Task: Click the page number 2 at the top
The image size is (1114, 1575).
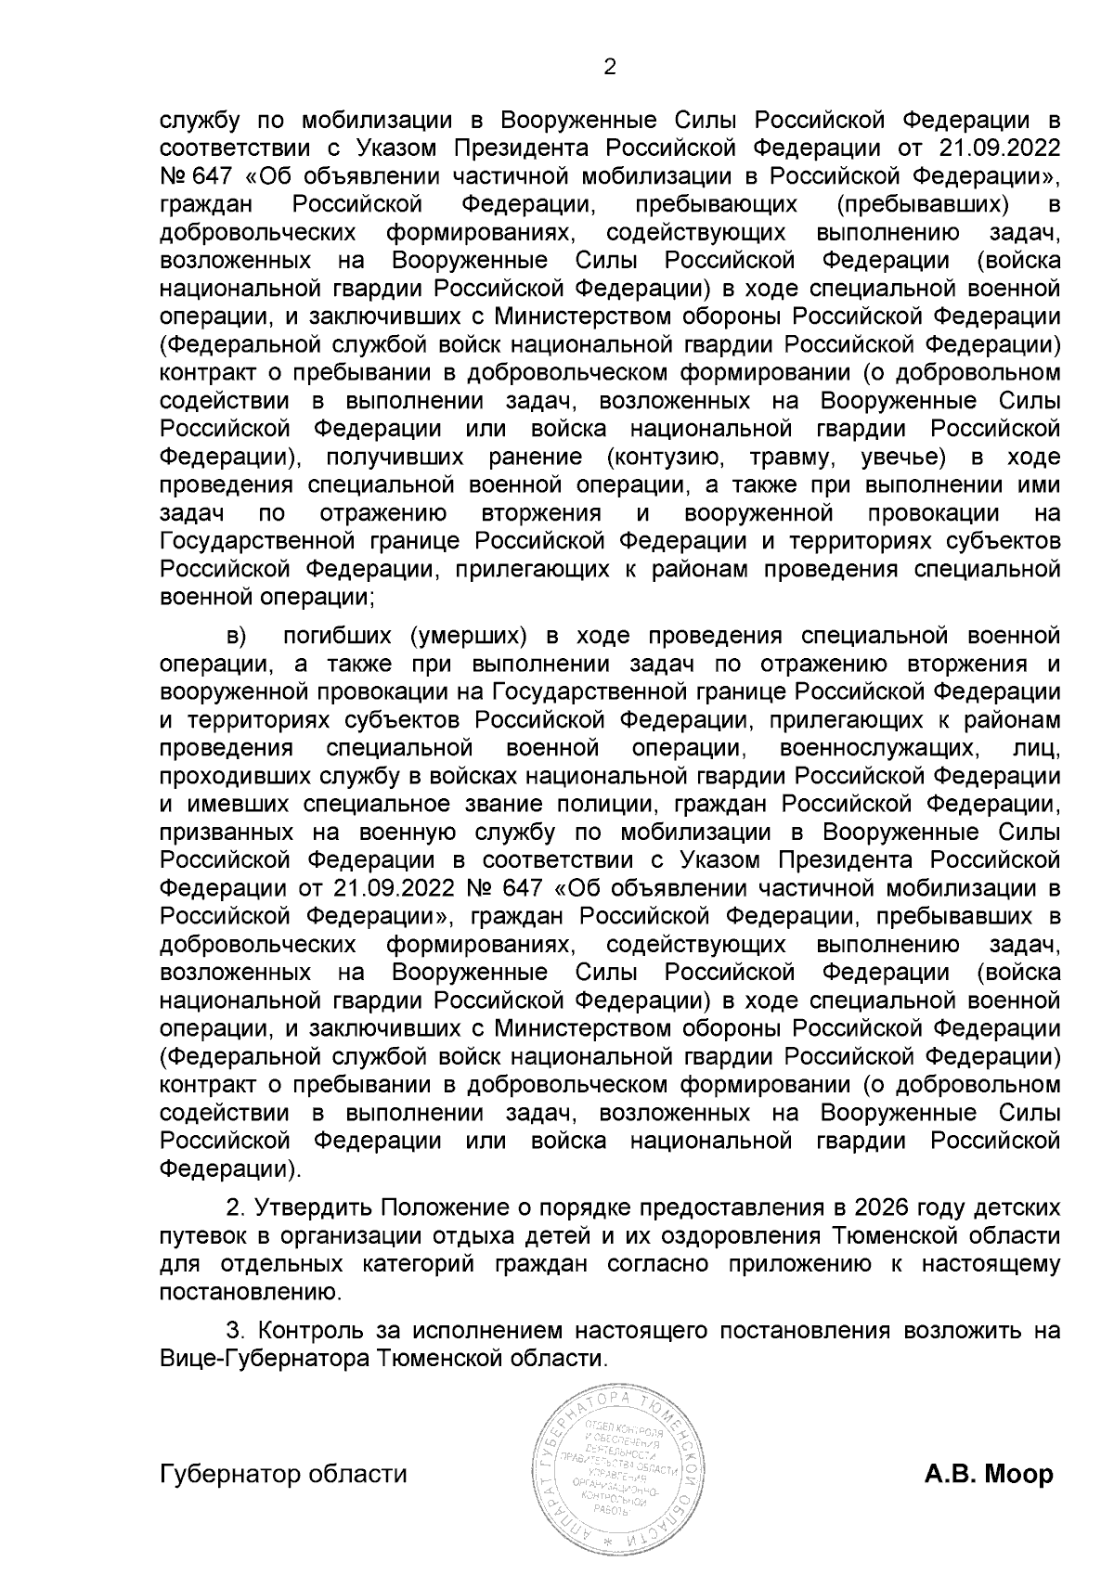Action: (x=610, y=67)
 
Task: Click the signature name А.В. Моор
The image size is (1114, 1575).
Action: (x=989, y=1474)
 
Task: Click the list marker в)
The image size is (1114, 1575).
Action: (x=237, y=636)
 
